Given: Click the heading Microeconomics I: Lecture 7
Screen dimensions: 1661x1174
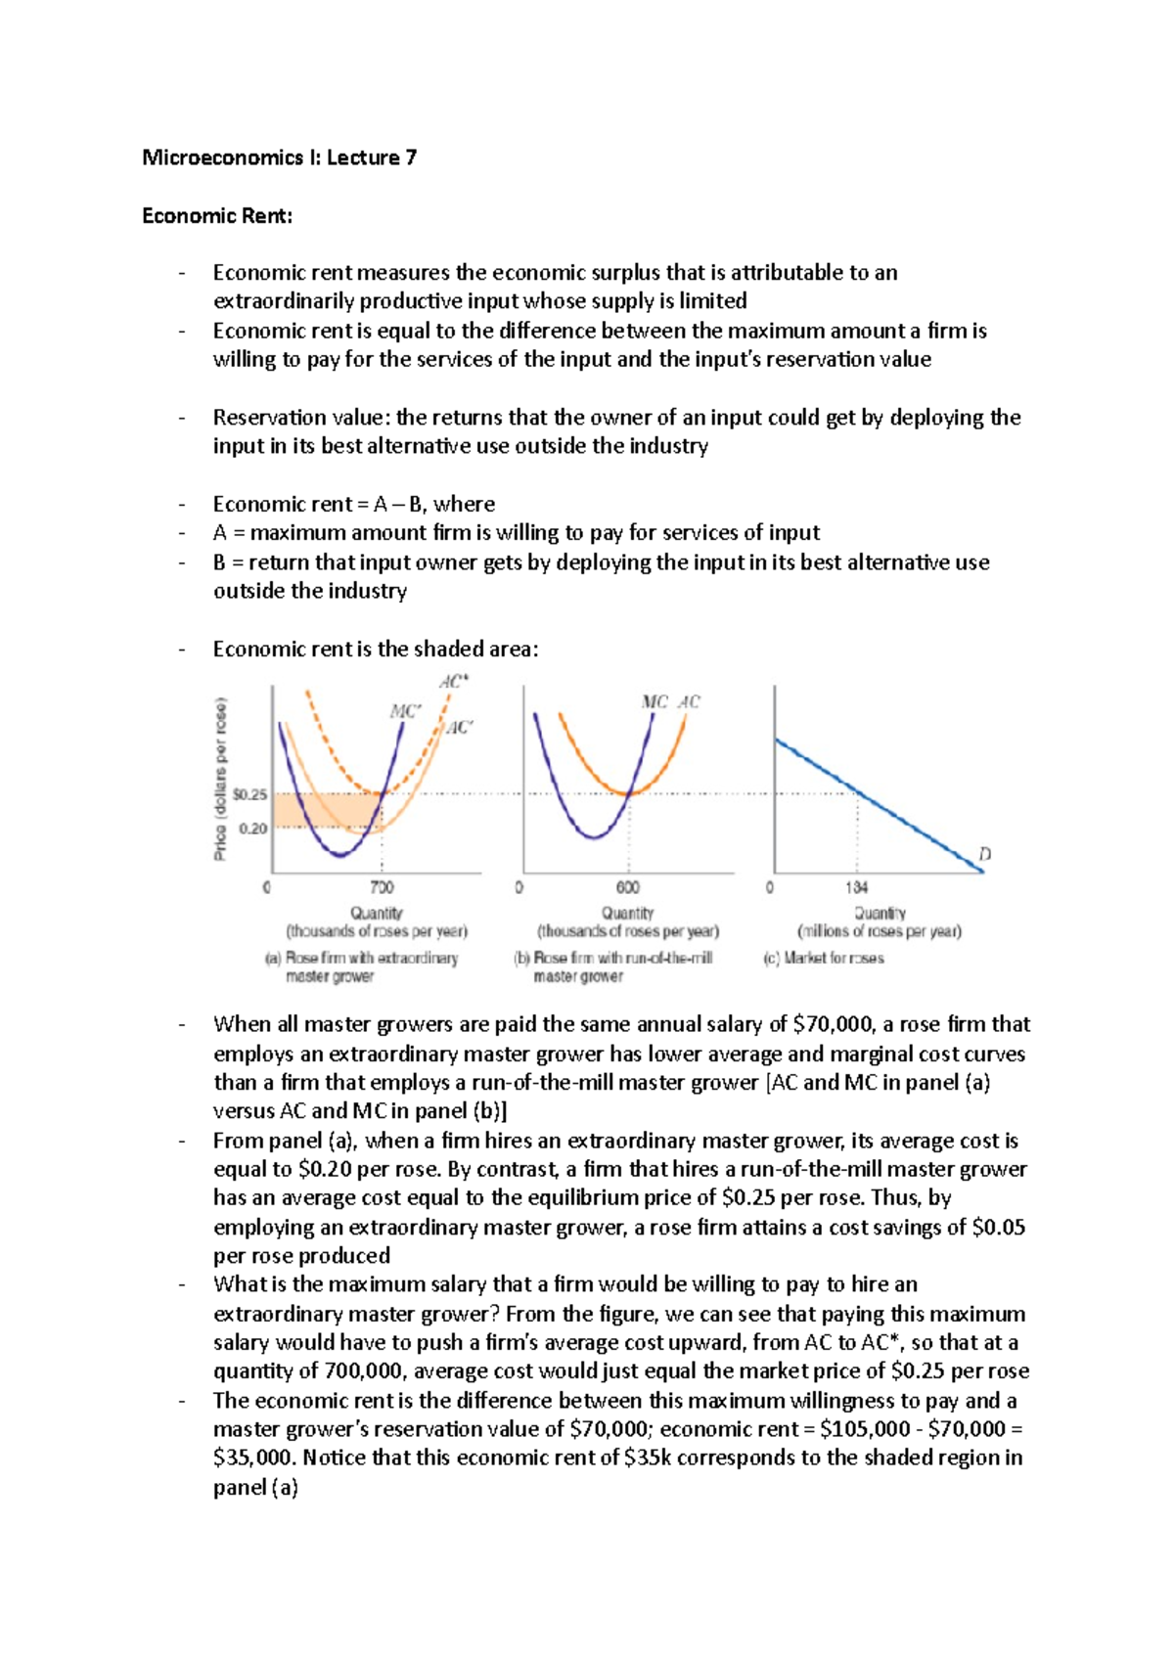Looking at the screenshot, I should [279, 157].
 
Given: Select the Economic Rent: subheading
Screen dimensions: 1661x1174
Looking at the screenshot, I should [217, 215].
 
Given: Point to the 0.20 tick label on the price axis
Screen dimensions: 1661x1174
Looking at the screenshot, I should [252, 829].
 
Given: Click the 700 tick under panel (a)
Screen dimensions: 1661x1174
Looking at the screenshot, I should [382, 887].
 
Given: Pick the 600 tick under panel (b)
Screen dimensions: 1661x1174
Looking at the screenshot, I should [628, 887].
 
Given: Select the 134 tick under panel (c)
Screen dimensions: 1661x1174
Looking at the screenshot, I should [857, 887].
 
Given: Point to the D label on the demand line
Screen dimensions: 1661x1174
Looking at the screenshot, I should [985, 854].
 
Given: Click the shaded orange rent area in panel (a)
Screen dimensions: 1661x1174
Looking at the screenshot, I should [323, 810].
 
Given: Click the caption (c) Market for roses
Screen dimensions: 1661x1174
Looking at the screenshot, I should [824, 959].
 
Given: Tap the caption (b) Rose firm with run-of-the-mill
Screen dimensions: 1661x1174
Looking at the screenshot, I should [613, 959].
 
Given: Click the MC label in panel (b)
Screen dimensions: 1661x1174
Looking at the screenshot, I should [654, 701].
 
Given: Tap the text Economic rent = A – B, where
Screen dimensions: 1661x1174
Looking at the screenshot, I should [354, 505].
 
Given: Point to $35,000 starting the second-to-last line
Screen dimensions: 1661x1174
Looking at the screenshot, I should [252, 1458].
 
